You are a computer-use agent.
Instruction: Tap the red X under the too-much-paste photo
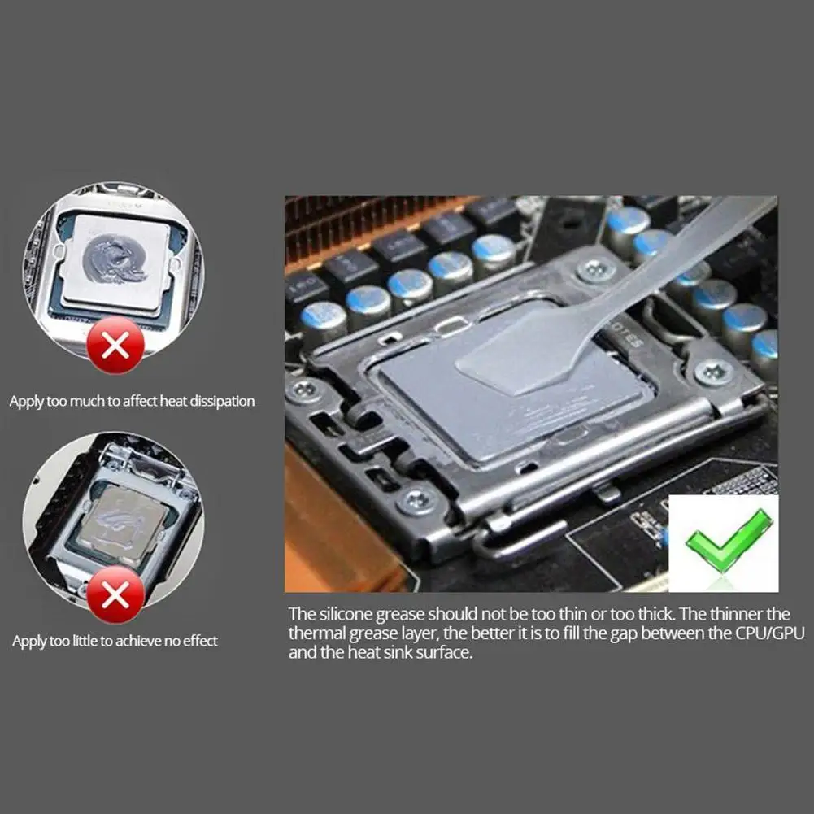pos(115,346)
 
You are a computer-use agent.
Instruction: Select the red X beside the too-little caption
pos(115,595)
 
